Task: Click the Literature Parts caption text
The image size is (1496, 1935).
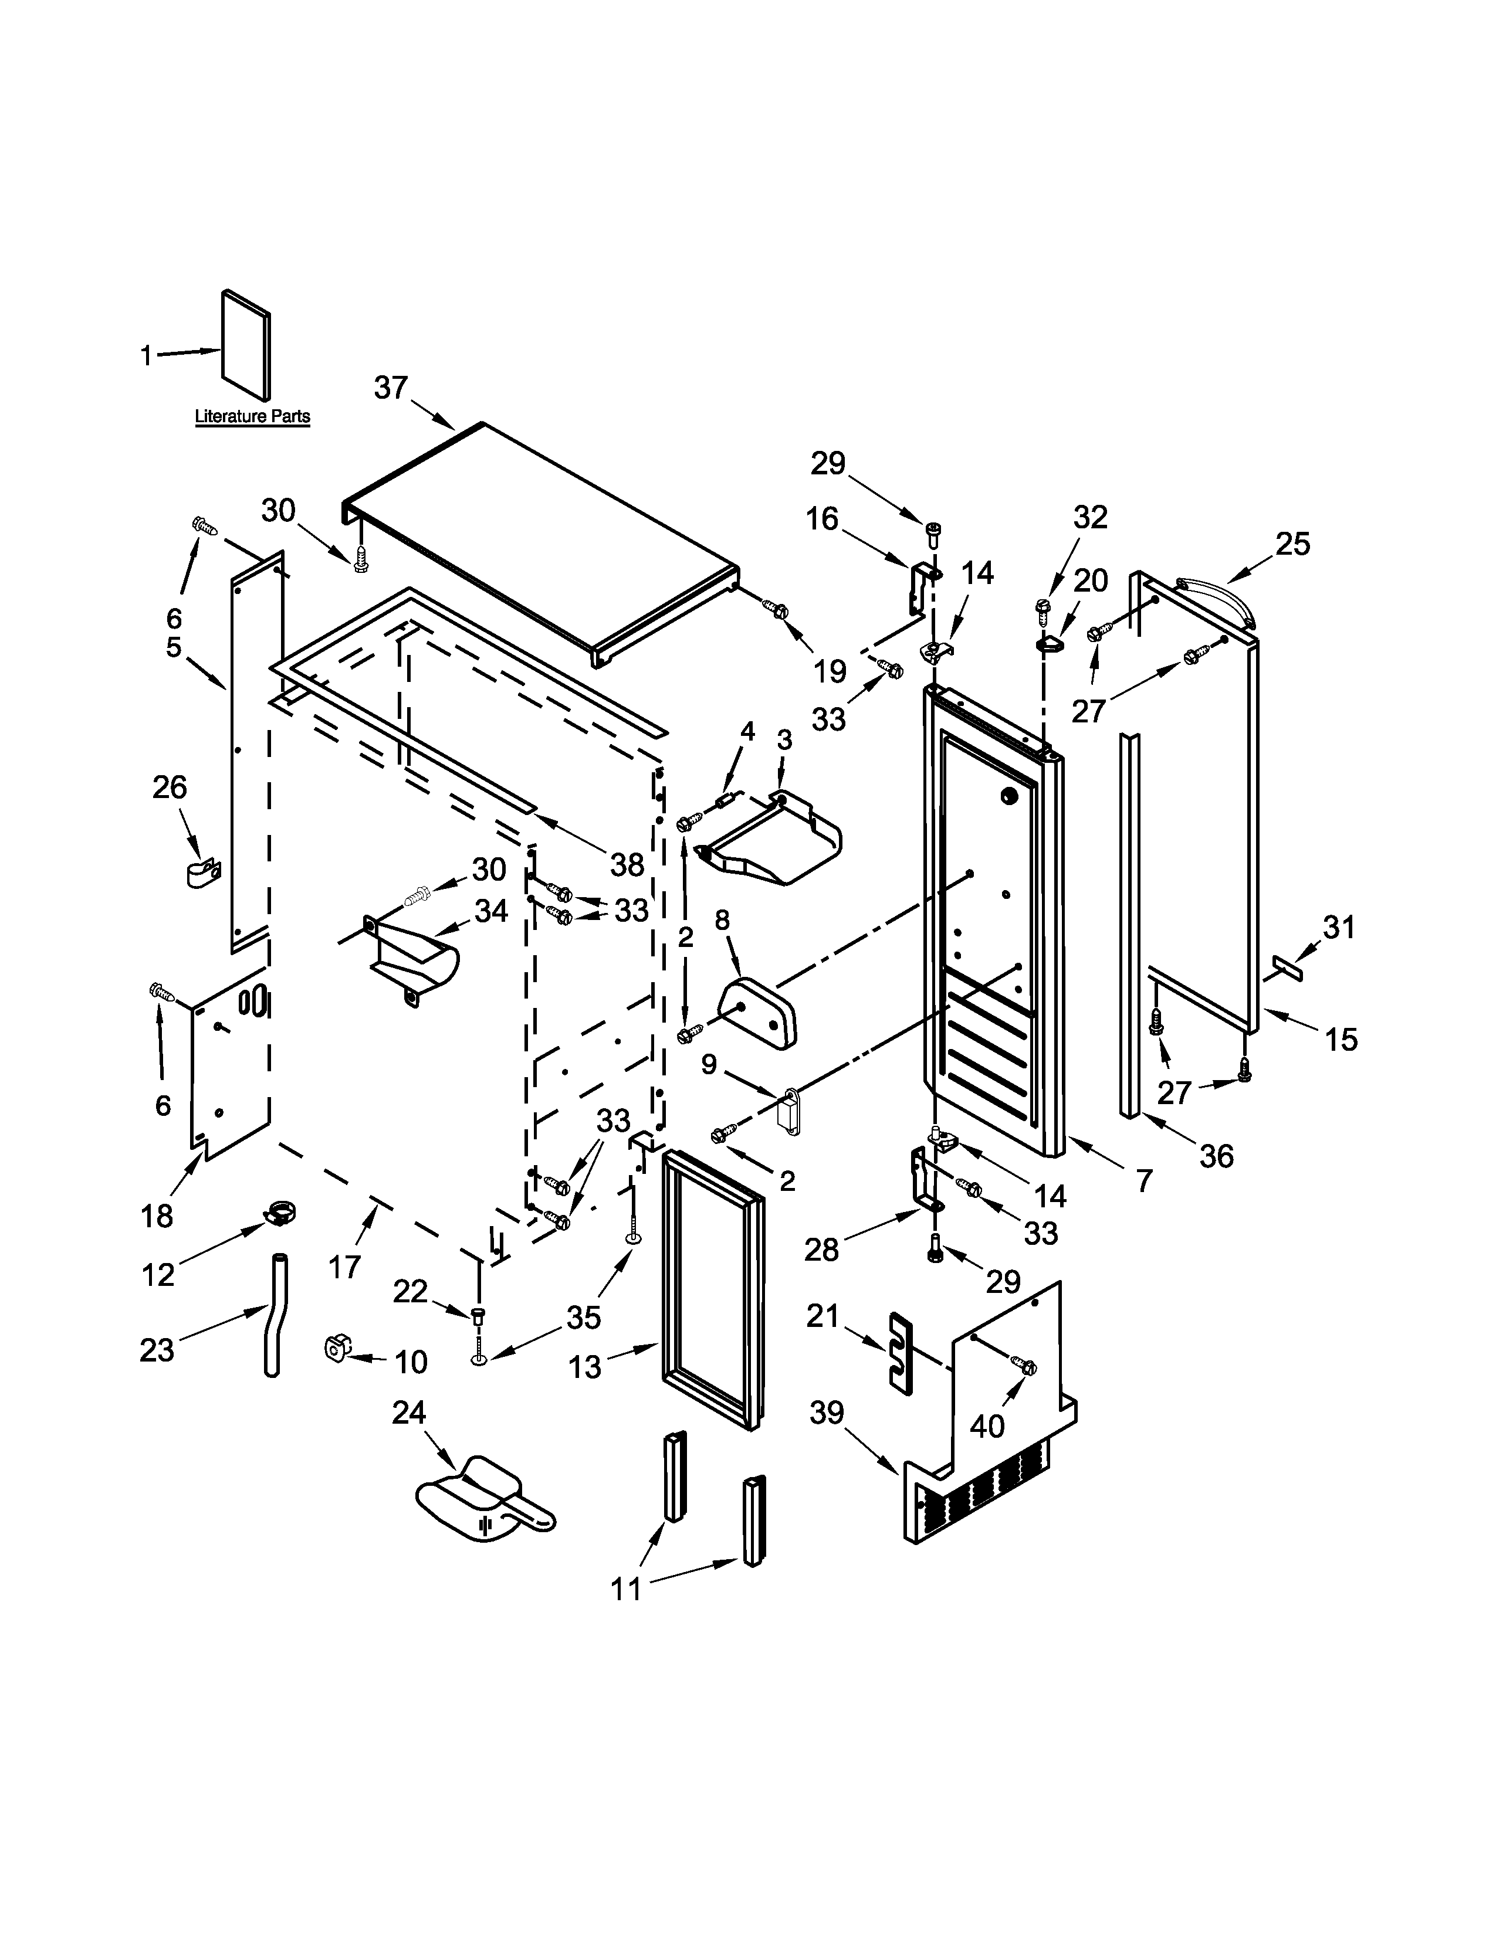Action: [x=253, y=416]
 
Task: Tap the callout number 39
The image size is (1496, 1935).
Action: [x=827, y=1413]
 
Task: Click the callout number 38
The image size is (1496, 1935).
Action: [x=627, y=865]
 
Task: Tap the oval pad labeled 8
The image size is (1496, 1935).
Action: [x=759, y=1013]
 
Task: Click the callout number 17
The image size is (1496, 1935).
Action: [x=345, y=1267]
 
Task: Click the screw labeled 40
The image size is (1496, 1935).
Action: [x=1025, y=1367]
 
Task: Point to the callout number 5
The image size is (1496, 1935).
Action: [x=174, y=647]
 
